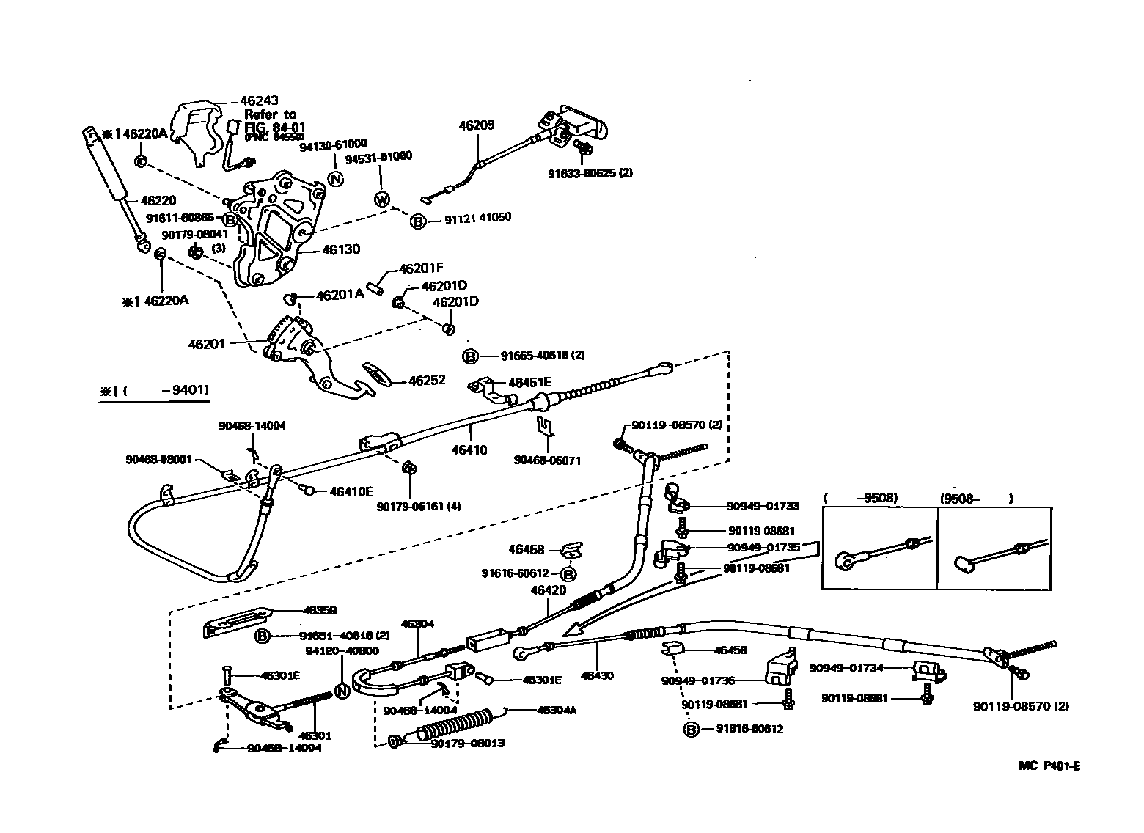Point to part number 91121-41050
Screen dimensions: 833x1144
[x=477, y=218]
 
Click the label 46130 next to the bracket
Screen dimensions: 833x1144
[x=340, y=249]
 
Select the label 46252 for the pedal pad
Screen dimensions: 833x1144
[x=427, y=381]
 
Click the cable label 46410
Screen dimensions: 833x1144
[x=469, y=449]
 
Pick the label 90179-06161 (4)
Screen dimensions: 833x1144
[x=419, y=506]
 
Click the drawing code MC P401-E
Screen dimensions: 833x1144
[x=1049, y=766]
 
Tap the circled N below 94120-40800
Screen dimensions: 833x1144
[x=341, y=690]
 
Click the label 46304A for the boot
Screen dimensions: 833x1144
[x=557, y=710]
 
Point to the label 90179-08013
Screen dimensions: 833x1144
[x=468, y=743]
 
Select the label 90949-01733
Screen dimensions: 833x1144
[x=763, y=505]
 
